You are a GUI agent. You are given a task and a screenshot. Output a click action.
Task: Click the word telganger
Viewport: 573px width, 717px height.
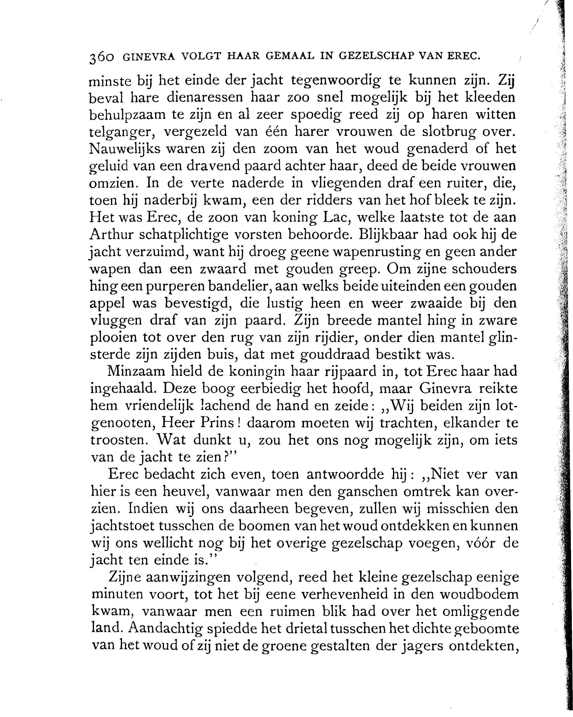(x=122, y=132)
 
